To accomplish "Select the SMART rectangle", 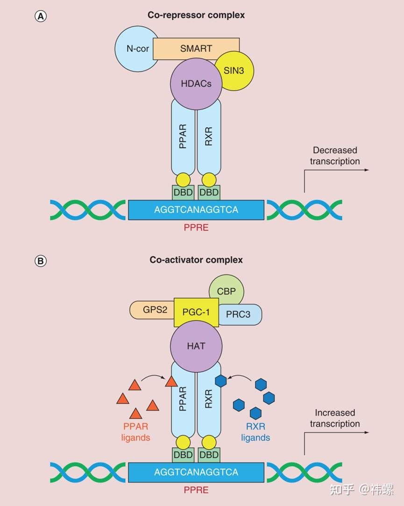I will (196, 48).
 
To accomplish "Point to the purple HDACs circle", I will (196, 84).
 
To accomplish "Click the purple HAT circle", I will (196, 346).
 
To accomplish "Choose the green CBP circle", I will (227, 292).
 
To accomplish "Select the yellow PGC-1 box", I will (196, 312).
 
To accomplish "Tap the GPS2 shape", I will (153, 310).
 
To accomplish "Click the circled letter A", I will (41, 16).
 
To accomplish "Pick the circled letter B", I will (41, 261).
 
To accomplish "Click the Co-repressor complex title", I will (196, 15).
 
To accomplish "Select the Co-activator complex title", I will (196, 259).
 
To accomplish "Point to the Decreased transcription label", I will (335, 156).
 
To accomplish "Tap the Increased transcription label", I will (335, 418).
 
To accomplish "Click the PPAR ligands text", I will (136, 432).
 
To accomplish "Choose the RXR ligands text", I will (255, 432).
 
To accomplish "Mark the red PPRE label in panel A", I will (196, 228).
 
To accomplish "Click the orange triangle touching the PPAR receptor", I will (171, 382).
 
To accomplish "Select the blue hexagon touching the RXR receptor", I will (220, 381).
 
